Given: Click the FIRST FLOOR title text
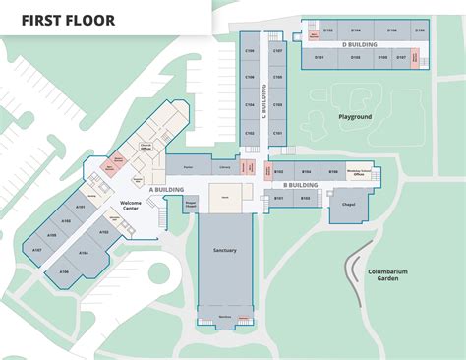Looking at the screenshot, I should (68, 20).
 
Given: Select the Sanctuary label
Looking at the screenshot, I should (225, 251).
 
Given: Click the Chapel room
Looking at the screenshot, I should (348, 205).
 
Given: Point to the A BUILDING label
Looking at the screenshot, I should (167, 189).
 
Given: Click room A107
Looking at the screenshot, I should (36, 250).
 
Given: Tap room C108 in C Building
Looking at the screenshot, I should (250, 61).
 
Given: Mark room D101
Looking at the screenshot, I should (320, 59).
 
